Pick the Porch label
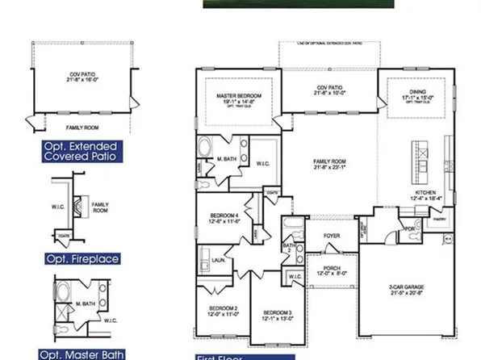pyautogui.click(x=333, y=270)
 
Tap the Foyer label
pyautogui.click(x=332, y=236)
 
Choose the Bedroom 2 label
pyautogui.click(x=224, y=308)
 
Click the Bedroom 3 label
pyautogui.click(x=276, y=312)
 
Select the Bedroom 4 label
pyautogui.click(x=225, y=216)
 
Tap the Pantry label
pyautogui.click(x=439, y=218)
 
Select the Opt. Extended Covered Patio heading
pyautogui.click(x=81, y=151)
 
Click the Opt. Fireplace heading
pyautogui.click(x=82, y=259)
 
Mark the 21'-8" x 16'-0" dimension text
pyautogui.click(x=82, y=81)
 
